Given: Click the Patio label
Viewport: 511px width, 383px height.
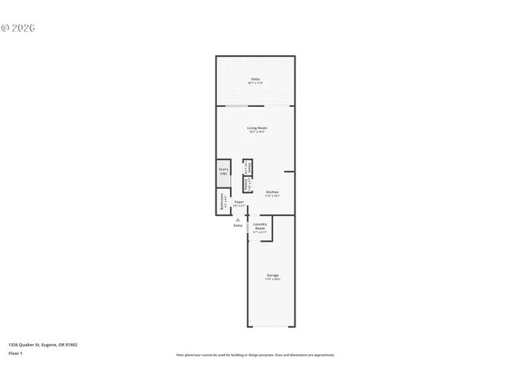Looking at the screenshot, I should click(255, 79).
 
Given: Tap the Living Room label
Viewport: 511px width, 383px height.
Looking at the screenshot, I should click(255, 128).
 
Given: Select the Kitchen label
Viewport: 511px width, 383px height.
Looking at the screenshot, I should click(272, 191).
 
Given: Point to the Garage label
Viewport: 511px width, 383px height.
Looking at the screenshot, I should click(272, 275).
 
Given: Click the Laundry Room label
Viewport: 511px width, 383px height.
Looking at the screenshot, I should click(260, 226).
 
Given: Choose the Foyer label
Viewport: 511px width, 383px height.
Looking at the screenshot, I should click(238, 202).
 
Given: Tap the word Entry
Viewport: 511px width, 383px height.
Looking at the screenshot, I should click(237, 226).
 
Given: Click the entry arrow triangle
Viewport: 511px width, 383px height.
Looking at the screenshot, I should click(237, 219).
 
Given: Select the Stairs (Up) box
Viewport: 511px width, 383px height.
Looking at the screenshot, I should click(224, 171).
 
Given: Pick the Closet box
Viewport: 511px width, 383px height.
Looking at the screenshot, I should click(248, 168).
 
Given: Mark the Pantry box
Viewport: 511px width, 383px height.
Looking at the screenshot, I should click(248, 184).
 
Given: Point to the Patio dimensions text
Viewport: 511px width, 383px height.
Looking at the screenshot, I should click(255, 83).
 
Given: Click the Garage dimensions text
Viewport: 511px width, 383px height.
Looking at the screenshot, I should click(272, 279).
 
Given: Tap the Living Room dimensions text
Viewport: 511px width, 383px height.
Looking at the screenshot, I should click(255, 132).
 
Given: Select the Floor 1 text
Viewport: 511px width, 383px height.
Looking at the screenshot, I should click(16, 353).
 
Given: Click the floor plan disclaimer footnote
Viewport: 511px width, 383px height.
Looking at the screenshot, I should click(255, 355).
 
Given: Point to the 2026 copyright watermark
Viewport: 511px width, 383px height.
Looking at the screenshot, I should click(18, 28).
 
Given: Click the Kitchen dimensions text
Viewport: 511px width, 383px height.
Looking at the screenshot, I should click(272, 195).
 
